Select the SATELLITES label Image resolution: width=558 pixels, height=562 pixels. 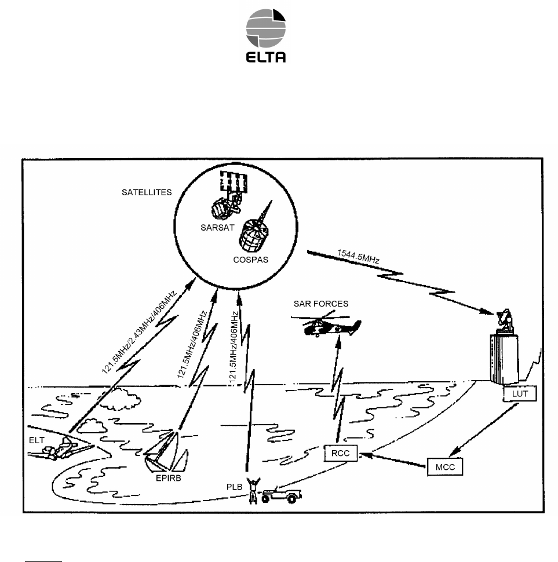(x=146, y=192)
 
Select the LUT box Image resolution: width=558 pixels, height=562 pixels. (x=519, y=393)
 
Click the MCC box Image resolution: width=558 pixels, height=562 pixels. (x=446, y=467)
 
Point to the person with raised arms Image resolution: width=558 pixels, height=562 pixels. (x=252, y=490)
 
